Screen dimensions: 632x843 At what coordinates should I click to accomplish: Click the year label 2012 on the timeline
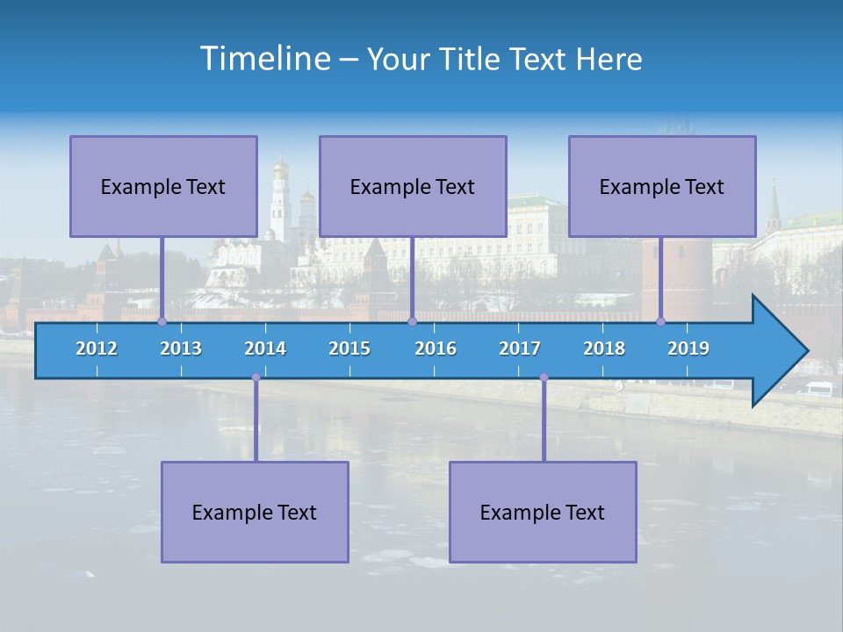click(97, 348)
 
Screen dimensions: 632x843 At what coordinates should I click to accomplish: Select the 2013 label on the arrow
click(181, 348)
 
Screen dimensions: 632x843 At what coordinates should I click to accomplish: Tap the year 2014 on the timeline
click(265, 348)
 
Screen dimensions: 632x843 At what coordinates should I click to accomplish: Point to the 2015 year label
click(349, 348)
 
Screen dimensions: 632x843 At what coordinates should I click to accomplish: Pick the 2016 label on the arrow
click(436, 348)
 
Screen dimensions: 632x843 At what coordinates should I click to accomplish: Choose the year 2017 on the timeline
click(520, 348)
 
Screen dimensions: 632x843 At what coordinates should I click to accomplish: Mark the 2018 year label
click(604, 348)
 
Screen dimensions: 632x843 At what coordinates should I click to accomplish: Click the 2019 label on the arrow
click(688, 348)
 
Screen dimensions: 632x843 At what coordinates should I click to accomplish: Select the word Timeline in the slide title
click(263, 59)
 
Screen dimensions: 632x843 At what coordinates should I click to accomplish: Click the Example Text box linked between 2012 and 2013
click(163, 186)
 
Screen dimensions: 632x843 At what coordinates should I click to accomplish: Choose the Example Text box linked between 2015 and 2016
click(413, 186)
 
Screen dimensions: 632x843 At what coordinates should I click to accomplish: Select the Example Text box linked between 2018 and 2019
click(662, 186)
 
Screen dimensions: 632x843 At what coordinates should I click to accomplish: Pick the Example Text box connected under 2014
click(255, 512)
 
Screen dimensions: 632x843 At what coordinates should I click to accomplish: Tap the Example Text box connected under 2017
click(543, 512)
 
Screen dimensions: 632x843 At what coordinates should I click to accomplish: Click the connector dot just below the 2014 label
click(256, 377)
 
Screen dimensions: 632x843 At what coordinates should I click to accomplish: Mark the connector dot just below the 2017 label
click(544, 377)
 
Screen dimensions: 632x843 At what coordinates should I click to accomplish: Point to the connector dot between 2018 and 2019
click(661, 321)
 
